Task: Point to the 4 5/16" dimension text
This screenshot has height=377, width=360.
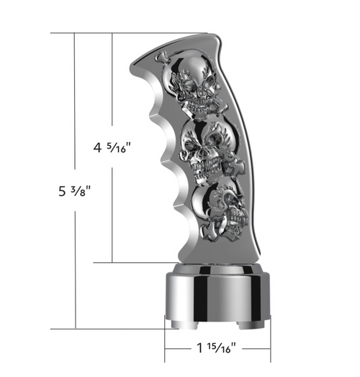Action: click(116, 149)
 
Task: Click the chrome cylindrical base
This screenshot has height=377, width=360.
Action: click(216, 299)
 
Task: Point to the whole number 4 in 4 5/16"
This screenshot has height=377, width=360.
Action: click(99, 149)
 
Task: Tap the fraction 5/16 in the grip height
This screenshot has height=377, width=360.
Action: click(121, 149)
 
